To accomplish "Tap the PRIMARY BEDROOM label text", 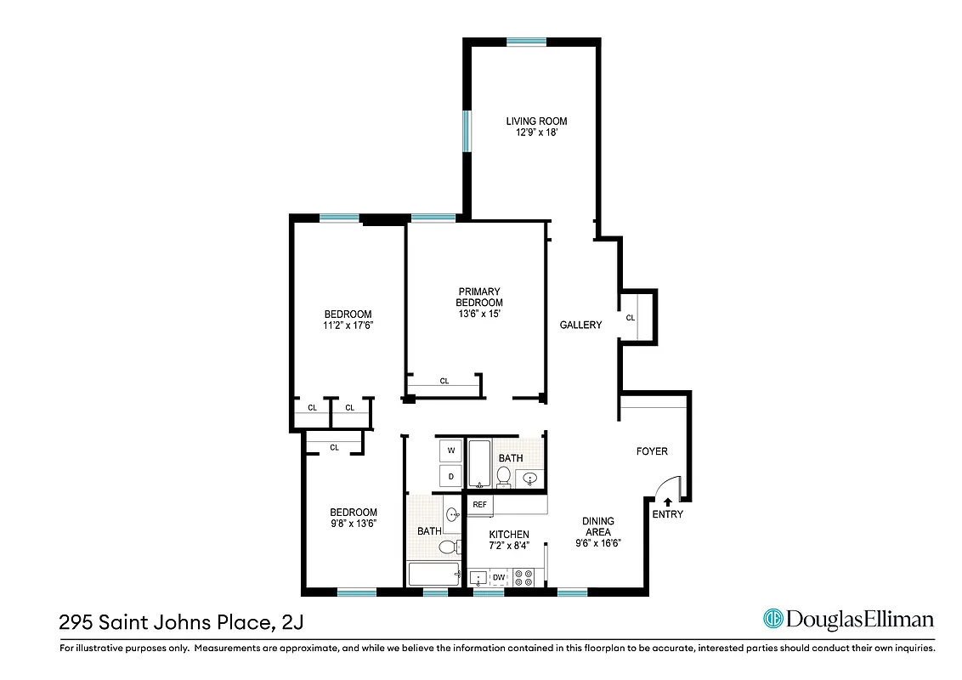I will [479, 297].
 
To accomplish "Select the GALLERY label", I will [580, 325].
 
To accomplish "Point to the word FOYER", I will [652, 451].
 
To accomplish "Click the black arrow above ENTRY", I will [667, 502].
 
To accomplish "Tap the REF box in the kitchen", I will [479, 505].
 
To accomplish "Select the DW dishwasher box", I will [500, 578].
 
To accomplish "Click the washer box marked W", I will [451, 450].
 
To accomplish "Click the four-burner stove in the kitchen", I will [523, 577].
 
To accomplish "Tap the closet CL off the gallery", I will [631, 318].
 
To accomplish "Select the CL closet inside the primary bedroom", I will [444, 382].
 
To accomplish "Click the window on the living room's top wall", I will [527, 41].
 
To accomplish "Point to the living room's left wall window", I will [467, 131].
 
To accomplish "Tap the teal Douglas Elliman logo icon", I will [772, 619].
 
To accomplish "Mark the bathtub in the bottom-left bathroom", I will [433, 575].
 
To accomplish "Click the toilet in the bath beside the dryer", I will [504, 476].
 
